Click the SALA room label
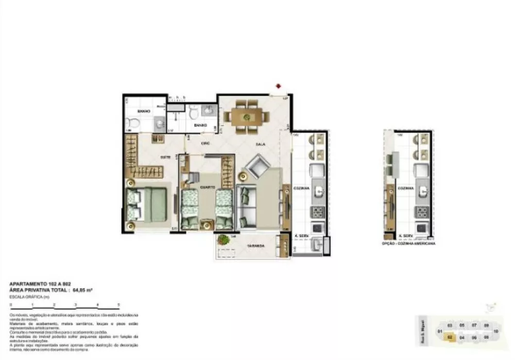[260, 144]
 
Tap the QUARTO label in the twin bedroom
[208, 187]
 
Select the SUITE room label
[165, 157]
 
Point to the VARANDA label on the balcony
[255, 246]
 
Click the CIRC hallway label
[204, 143]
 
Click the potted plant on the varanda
[224, 239]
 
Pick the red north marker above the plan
[278, 85]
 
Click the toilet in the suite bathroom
[132, 124]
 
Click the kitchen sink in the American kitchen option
[423, 193]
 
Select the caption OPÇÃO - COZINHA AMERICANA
[410, 244]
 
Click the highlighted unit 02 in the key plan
[450, 337]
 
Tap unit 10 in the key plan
[495, 332]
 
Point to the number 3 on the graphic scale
[76, 305]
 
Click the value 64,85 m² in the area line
[82, 290]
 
